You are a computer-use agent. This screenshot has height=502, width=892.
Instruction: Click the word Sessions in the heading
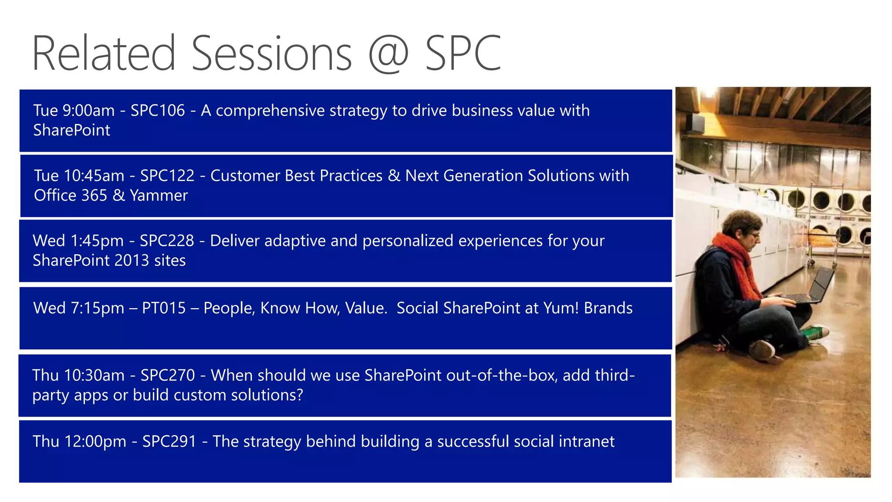click(271, 54)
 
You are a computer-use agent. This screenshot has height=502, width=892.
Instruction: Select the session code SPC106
click(158, 111)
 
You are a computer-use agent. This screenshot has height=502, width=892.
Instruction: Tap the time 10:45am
click(94, 176)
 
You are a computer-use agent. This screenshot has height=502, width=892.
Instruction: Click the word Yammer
click(159, 196)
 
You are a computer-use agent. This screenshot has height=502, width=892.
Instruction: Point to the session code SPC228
click(167, 241)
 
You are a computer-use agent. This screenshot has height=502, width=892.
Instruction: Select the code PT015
click(164, 308)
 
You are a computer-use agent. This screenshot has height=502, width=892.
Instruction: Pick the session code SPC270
click(168, 376)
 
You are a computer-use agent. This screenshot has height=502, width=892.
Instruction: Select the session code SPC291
click(169, 442)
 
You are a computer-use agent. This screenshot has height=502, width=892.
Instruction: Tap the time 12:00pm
click(95, 442)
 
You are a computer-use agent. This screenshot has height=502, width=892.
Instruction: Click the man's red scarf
click(740, 261)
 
